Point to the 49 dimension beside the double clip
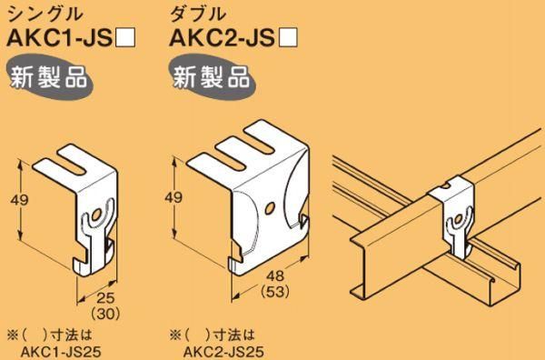[x=173, y=197]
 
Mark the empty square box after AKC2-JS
[x=290, y=40]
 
